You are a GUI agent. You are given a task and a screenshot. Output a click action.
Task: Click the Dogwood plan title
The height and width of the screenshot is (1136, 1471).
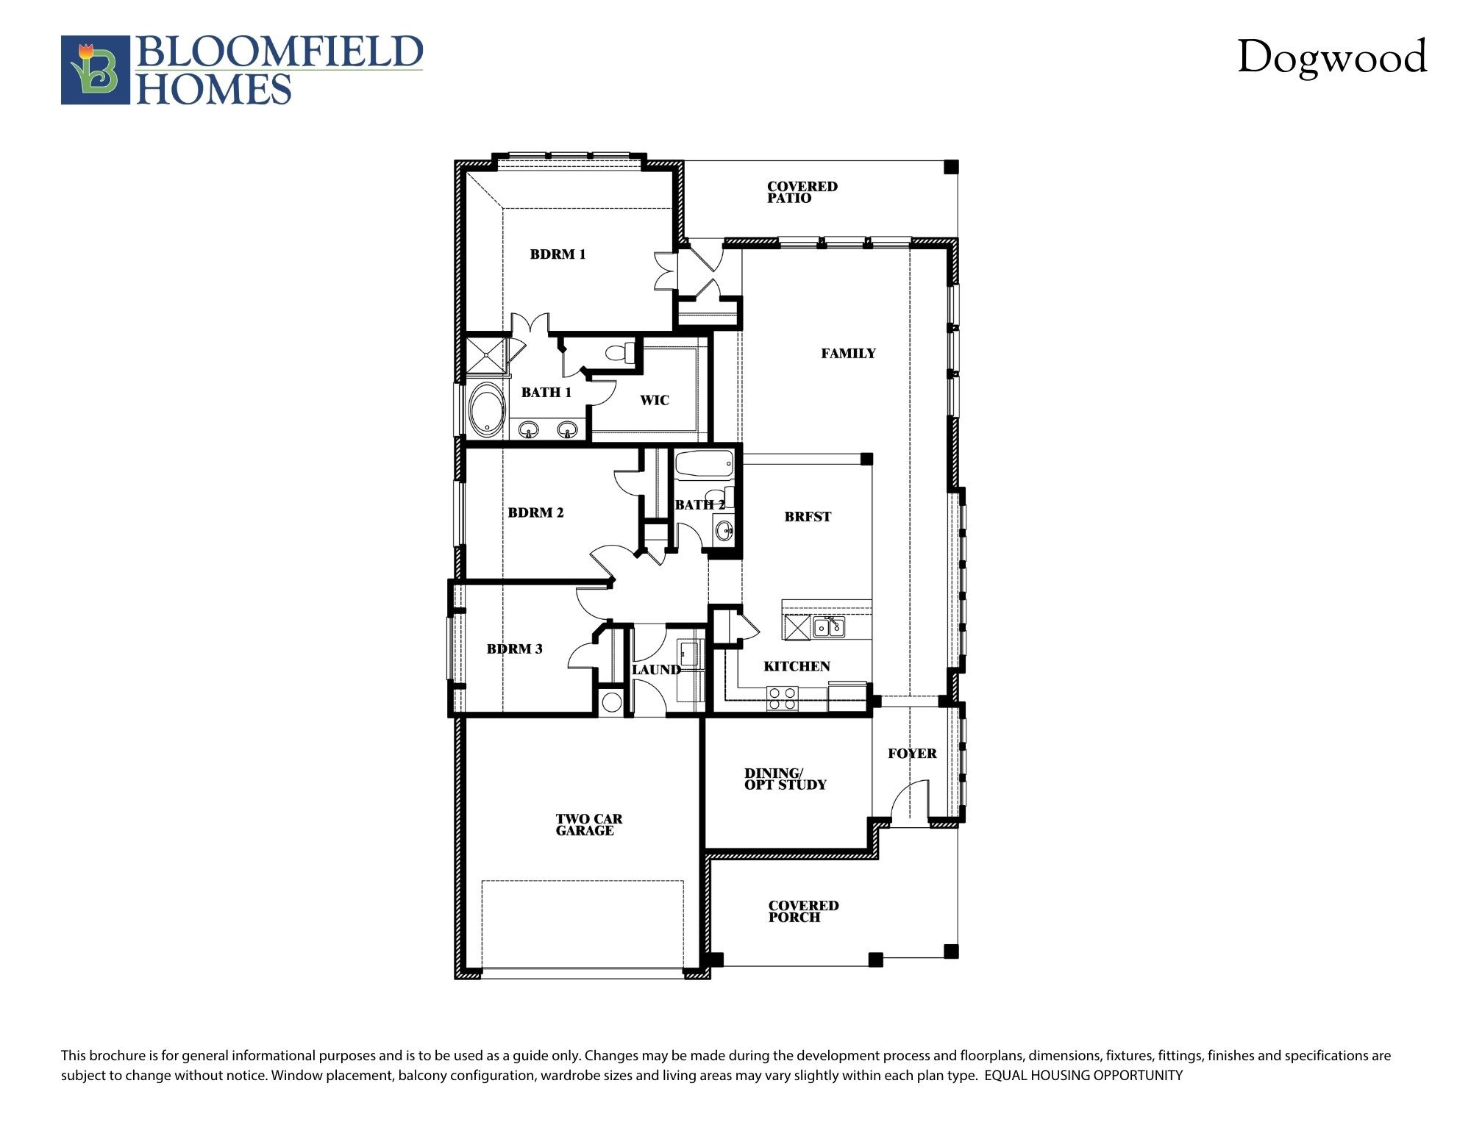tap(1331, 57)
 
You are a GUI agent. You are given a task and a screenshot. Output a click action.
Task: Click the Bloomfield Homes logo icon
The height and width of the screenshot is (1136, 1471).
tap(96, 70)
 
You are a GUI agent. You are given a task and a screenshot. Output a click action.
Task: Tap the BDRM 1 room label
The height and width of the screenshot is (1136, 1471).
tap(558, 254)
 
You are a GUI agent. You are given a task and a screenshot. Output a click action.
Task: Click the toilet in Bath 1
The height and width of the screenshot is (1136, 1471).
tap(621, 352)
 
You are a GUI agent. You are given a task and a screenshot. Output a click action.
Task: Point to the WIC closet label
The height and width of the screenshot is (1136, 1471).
tap(654, 400)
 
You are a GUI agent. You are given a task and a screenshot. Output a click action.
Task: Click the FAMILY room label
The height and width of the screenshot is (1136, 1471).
tap(848, 354)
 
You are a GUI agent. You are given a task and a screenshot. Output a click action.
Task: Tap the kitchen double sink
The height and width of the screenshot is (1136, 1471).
tap(829, 627)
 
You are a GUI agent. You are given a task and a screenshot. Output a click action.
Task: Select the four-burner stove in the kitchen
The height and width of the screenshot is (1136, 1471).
tap(782, 698)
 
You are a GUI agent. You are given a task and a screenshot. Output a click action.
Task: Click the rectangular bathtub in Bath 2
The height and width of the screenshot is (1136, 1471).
tap(704, 465)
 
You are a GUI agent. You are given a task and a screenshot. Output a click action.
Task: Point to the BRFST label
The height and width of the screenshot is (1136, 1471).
tap(807, 517)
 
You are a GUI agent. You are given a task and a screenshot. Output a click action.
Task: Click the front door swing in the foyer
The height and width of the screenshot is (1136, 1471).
tap(910, 801)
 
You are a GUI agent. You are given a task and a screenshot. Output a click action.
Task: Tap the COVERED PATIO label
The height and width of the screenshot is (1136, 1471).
tap(802, 192)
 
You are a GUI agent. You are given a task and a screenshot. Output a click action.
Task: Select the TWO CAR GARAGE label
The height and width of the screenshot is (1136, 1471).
tap(588, 824)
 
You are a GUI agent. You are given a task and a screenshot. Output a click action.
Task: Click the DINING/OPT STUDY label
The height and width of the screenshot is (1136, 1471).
tap(785, 779)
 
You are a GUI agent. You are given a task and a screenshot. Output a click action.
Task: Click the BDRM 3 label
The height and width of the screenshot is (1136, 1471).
tap(514, 649)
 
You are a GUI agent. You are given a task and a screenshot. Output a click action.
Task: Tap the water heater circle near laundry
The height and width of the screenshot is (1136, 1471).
tap(611, 701)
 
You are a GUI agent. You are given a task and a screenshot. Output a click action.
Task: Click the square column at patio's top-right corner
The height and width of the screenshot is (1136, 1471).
tap(951, 167)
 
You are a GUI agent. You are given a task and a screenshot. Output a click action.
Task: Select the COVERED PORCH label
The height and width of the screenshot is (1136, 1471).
tap(803, 911)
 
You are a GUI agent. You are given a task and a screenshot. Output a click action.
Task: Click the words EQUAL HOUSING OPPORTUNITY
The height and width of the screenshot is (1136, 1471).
tap(1083, 1076)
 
